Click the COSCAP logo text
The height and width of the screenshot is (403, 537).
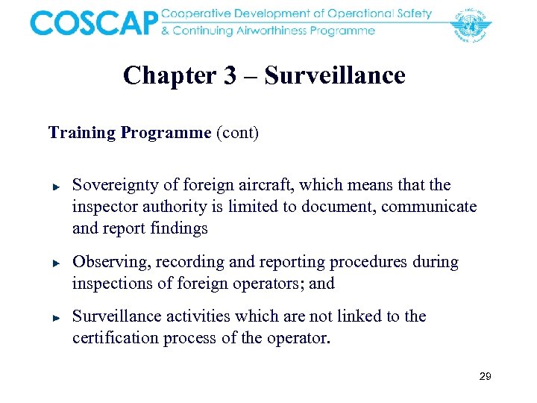pyautogui.click(x=94, y=22)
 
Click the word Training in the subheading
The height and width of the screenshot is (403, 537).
pyautogui.click(x=81, y=133)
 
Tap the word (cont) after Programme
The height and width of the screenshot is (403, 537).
pyautogui.click(x=237, y=133)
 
